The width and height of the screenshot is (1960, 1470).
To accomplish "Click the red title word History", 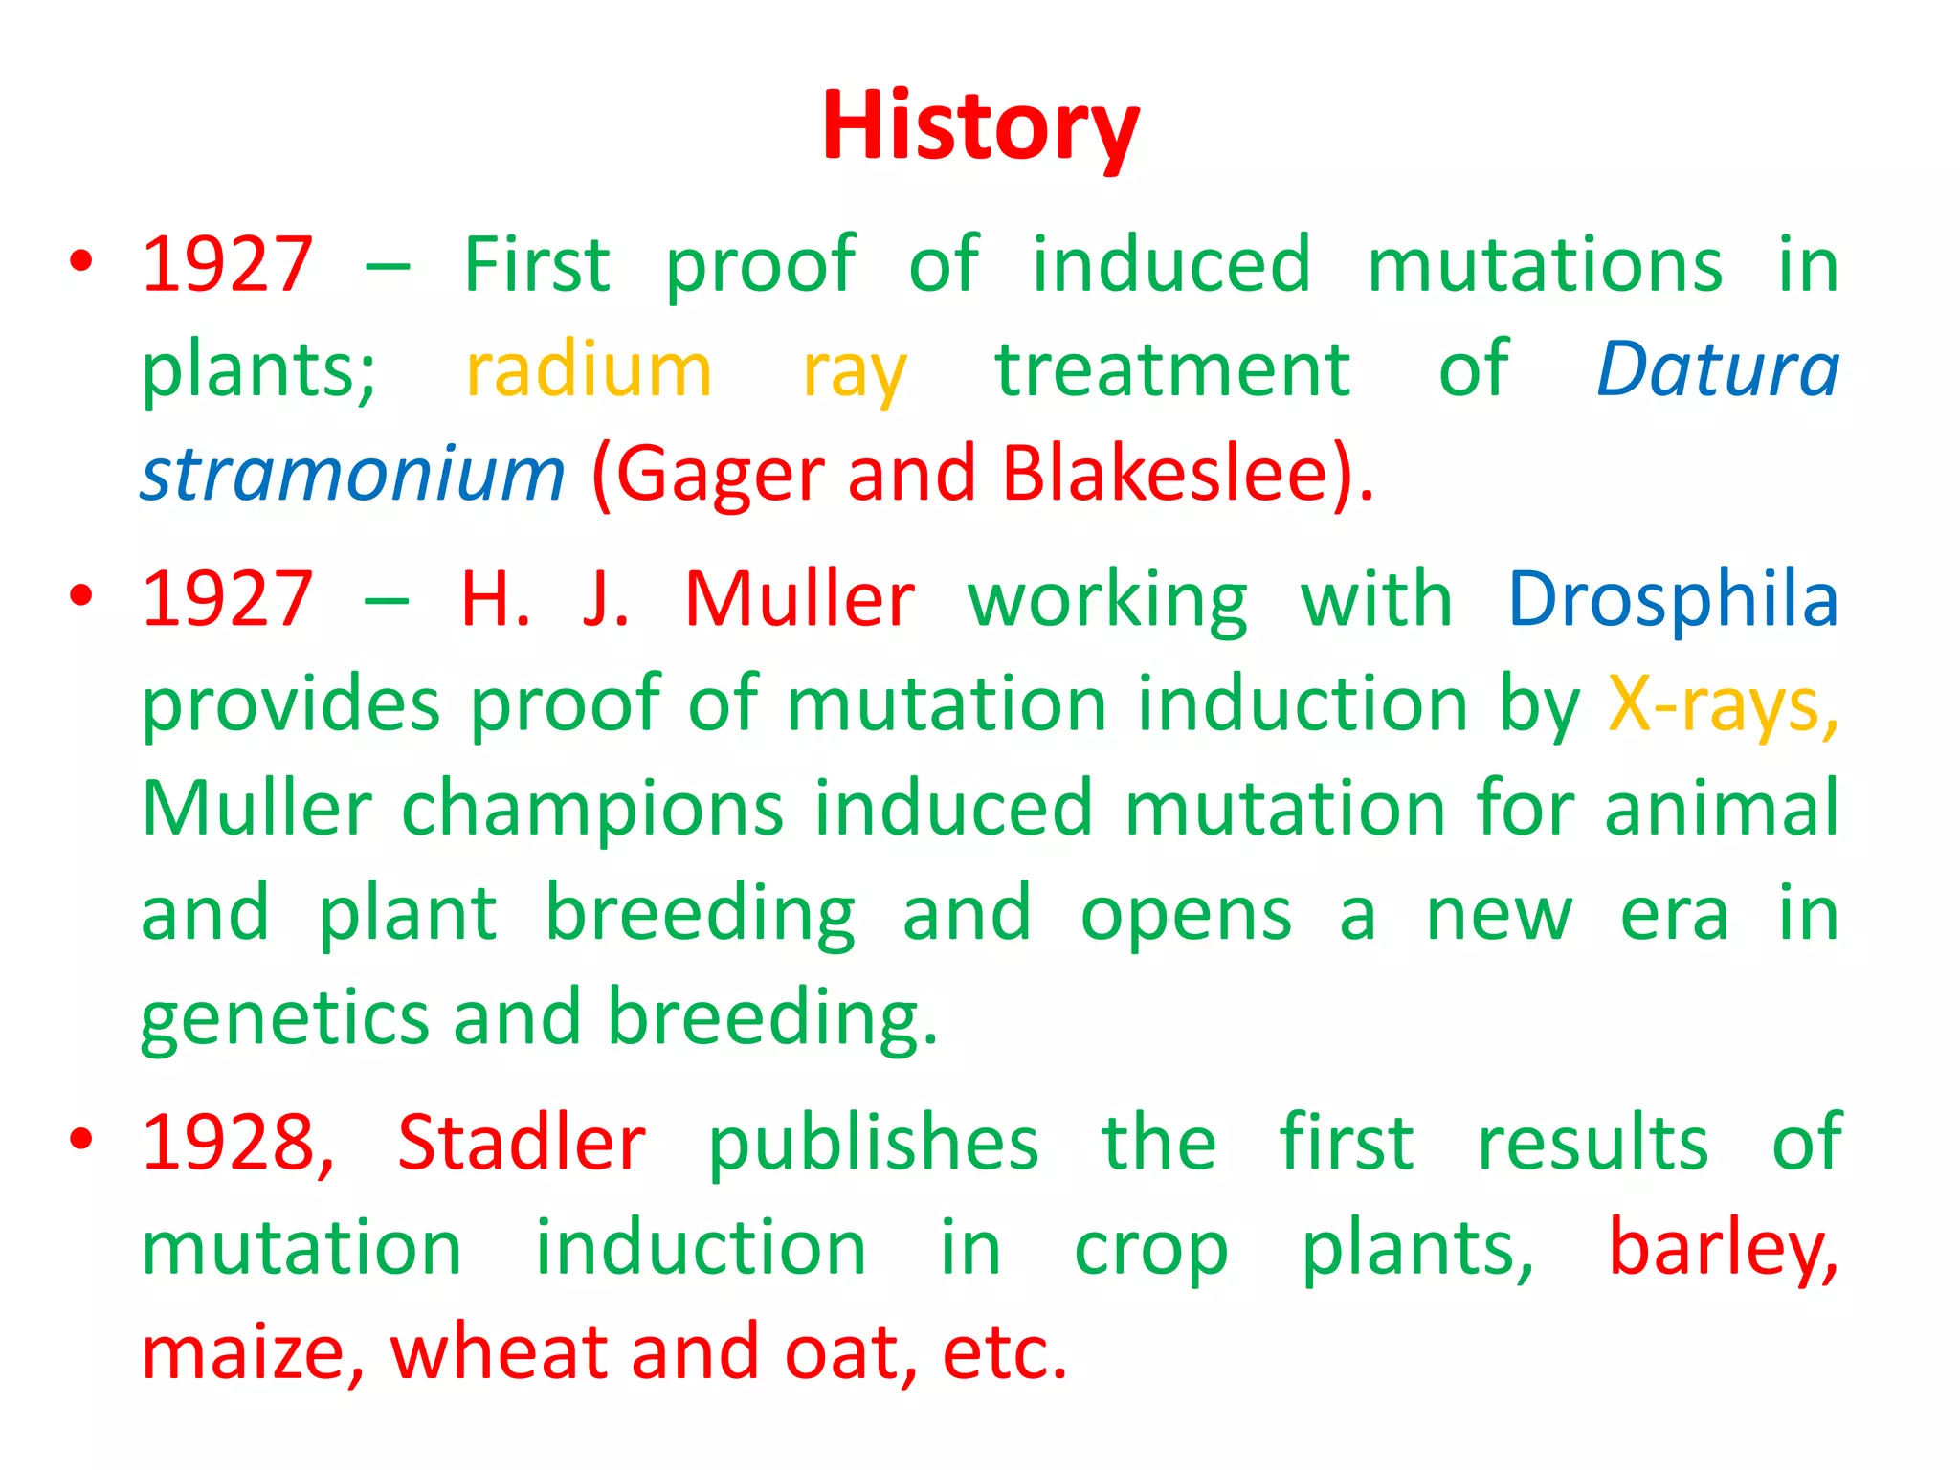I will coord(980,126).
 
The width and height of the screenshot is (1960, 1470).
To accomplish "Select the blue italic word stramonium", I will coord(353,475).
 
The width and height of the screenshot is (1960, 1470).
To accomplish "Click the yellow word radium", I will coord(589,370).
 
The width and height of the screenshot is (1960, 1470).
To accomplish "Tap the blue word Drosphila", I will coord(1673,600).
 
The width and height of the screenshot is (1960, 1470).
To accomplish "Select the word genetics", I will coord(284,1018).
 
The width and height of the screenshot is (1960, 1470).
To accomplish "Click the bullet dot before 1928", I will coord(81,1139).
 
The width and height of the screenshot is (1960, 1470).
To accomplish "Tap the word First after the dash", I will coord(536,265).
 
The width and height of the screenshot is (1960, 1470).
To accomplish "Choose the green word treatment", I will coord(1172,370).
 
